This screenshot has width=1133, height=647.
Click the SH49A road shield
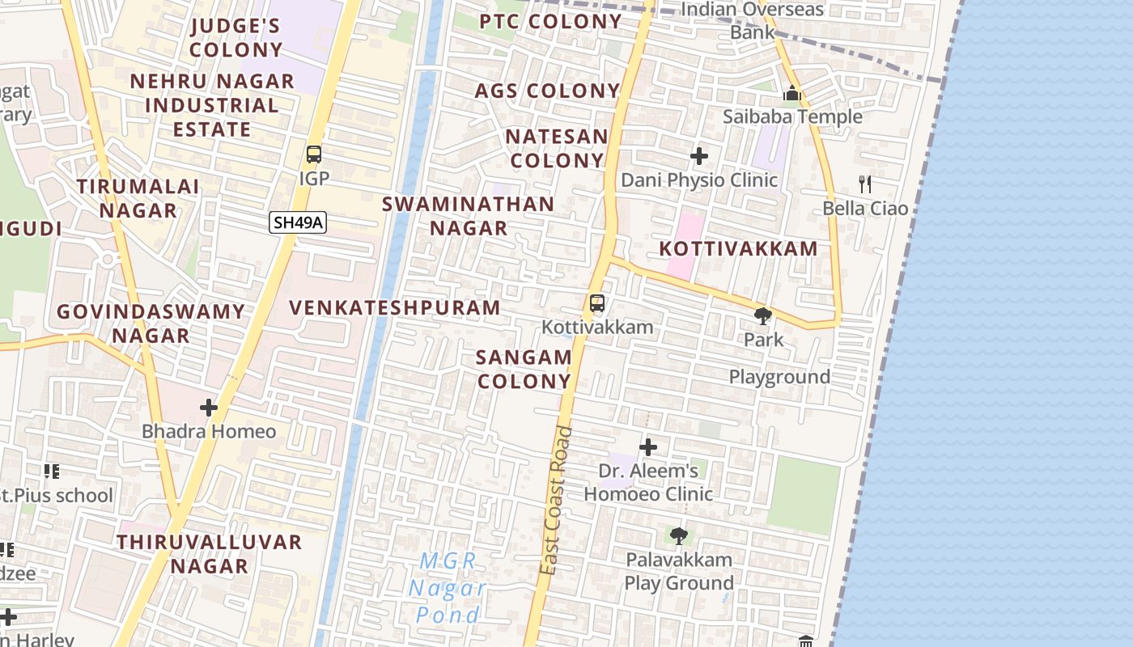click(x=298, y=222)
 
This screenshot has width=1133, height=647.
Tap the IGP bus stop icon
click(x=314, y=154)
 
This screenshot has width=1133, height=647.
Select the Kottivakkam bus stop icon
click(x=597, y=303)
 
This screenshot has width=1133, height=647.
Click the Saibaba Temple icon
click(x=792, y=93)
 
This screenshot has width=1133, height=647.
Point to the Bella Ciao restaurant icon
click(x=865, y=184)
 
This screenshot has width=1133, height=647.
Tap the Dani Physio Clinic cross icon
click(x=699, y=155)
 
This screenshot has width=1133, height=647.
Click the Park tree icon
click(x=762, y=315)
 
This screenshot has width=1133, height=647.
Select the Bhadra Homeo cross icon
click(x=209, y=408)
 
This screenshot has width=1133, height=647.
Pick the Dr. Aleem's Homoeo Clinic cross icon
click(x=648, y=446)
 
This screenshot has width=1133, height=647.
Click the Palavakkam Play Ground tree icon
click(x=678, y=535)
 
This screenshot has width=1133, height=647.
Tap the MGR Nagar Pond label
click(x=448, y=588)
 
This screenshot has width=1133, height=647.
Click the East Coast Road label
click(x=557, y=501)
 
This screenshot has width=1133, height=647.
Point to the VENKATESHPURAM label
click(x=395, y=308)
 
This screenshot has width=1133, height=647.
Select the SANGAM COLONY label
click(x=524, y=369)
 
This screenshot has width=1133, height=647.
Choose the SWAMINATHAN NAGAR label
click(x=469, y=216)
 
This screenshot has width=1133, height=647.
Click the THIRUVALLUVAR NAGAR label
click(x=210, y=553)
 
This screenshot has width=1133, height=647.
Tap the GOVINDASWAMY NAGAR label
click(x=151, y=323)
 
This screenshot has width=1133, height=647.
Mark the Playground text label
click(x=779, y=377)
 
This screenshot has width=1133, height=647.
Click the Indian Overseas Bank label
click(x=753, y=21)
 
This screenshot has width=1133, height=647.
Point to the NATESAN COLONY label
click(x=557, y=149)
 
